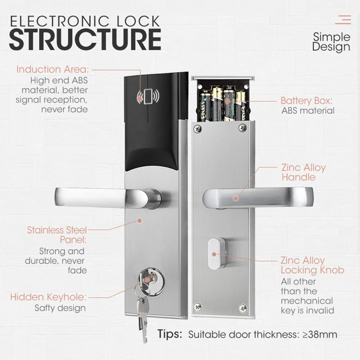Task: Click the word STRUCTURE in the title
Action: pyautogui.click(x=85, y=39)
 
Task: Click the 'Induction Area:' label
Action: pyautogui.click(x=53, y=69)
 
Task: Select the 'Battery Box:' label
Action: pyautogui.click(x=306, y=101)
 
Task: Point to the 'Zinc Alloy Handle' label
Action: pyautogui.click(x=303, y=172)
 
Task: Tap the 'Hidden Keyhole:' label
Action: pyautogui.click(x=48, y=297)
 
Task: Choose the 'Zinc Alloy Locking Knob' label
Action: pyautogui.click(x=312, y=265)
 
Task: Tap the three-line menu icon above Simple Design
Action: pyautogui.click(x=343, y=20)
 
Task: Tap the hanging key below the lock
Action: pyautogui.click(x=142, y=312)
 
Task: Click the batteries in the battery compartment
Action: pyautogui.click(x=223, y=103)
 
